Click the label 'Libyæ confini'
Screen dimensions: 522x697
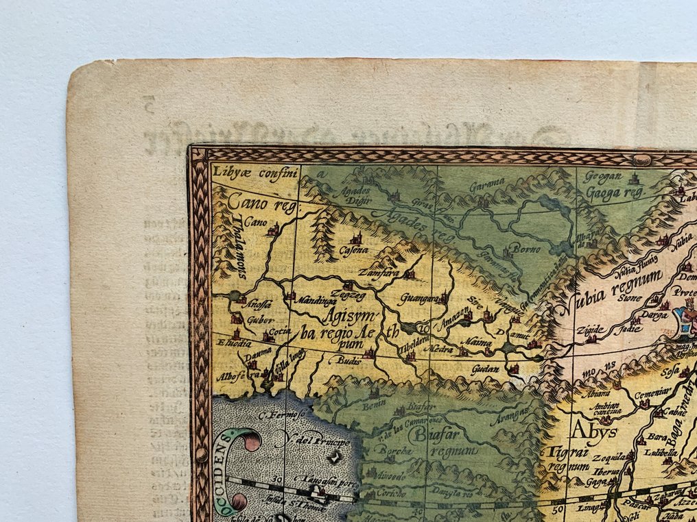pos(248,172)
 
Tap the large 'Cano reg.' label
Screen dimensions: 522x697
pos(255,202)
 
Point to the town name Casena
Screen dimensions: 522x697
pos(354,250)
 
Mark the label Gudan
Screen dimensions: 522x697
pos(485,369)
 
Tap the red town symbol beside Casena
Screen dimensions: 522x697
pos(356,239)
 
